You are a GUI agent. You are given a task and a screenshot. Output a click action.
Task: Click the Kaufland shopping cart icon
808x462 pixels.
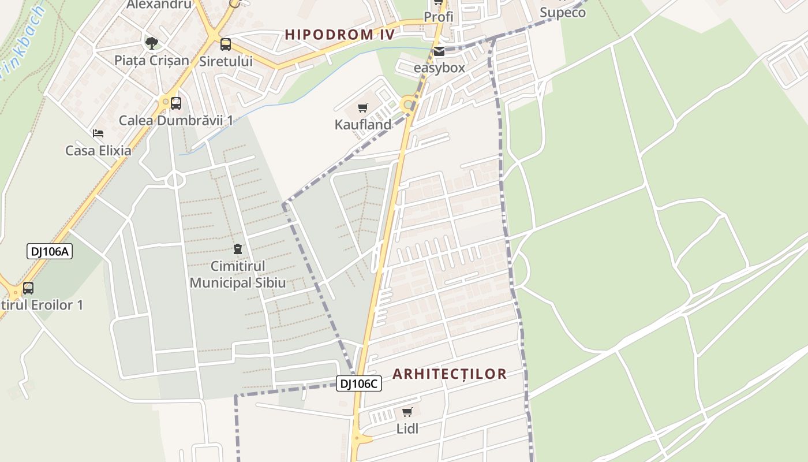point(363,107)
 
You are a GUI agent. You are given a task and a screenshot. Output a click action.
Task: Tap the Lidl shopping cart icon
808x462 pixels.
point(407,412)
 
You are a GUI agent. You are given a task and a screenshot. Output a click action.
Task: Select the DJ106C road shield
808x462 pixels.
point(358,383)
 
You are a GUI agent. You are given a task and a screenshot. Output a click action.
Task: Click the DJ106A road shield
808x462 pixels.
point(50,251)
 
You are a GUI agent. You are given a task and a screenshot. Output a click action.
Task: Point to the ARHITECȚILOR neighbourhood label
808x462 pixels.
point(450,374)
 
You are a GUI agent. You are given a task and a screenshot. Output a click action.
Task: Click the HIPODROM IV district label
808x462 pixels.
point(340,35)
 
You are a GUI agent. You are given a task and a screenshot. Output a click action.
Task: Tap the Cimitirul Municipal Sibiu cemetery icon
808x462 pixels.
point(237,249)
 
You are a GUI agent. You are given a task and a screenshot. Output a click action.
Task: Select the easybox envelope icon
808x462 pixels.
point(439,51)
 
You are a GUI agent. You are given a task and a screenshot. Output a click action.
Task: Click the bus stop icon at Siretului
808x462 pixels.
point(226,44)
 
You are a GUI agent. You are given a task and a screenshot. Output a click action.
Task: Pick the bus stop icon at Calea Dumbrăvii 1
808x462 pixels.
point(176,103)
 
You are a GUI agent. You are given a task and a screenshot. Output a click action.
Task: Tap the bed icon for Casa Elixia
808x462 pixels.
point(98,133)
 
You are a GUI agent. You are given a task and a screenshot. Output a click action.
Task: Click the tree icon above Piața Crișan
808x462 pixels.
point(152,43)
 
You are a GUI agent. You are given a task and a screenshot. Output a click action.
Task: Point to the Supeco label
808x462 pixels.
point(563,12)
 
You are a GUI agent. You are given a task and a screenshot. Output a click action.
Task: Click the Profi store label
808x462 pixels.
point(439,17)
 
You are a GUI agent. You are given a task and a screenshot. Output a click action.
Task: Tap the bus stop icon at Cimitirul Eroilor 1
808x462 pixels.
point(28,288)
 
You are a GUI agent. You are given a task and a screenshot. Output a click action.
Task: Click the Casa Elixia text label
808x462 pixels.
point(98,151)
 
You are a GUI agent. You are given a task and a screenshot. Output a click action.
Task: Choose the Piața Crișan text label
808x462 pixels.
point(152,61)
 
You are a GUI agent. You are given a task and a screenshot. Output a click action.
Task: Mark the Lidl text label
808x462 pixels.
point(407,429)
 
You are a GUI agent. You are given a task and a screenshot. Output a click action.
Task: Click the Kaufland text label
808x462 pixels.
point(363,124)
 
